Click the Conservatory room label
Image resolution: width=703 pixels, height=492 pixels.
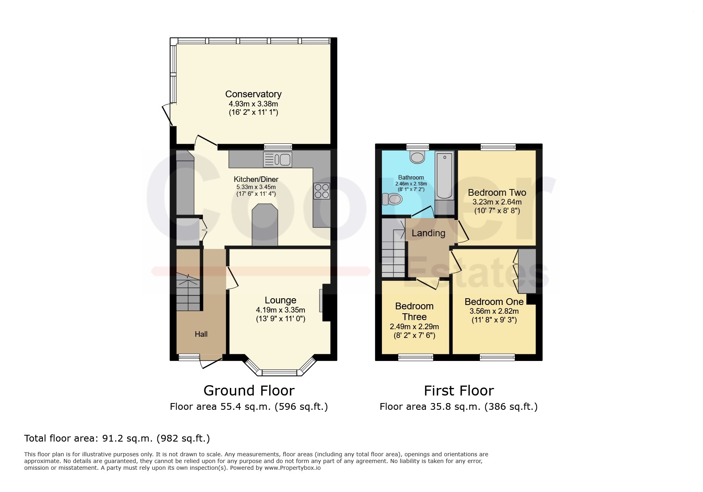pos(253,94)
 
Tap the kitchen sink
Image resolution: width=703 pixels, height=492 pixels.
pos(277,159)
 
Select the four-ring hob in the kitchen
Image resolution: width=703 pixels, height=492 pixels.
pos(322,191)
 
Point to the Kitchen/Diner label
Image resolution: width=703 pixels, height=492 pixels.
pos(256,179)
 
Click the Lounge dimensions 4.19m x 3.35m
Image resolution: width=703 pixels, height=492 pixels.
pos(281,310)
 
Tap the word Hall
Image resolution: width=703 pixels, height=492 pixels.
pos(201,334)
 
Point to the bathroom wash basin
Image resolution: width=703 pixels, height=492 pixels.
pos(418,157)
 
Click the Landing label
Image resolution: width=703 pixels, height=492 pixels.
pos(428,233)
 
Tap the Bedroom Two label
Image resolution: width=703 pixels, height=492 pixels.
pos(497,193)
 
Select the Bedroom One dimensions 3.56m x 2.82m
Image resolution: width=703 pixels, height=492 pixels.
pos(494,311)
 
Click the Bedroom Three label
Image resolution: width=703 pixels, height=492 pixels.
pos(414,311)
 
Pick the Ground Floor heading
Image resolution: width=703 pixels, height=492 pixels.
pos(249,391)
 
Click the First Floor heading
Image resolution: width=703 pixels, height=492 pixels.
pos(459,391)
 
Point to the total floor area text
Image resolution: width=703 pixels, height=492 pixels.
pos(117,438)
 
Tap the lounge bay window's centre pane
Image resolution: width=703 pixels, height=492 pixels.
pos(279,372)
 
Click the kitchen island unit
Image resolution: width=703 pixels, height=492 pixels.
pos(265,225)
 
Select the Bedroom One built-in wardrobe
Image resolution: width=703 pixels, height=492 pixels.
pos(527,271)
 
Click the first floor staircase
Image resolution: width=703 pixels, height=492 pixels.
pos(394,248)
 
